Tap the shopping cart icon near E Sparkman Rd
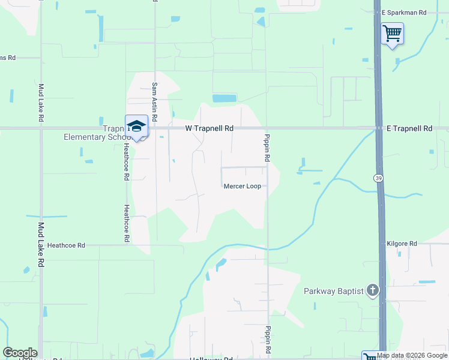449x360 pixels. point(392,33)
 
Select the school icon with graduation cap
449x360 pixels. point(136,126)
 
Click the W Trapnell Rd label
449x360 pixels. point(208,128)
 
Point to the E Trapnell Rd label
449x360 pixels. point(409,128)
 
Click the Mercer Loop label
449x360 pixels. point(242,186)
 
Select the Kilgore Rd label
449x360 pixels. point(402,244)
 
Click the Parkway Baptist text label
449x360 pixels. point(333,292)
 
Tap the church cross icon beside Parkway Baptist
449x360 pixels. point(373,292)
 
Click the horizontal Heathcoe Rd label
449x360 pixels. point(66,245)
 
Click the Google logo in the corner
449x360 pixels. point(20,353)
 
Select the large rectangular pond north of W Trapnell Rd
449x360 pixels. point(224,98)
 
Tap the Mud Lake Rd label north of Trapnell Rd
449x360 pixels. point(41,102)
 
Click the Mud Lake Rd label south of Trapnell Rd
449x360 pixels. point(41,245)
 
